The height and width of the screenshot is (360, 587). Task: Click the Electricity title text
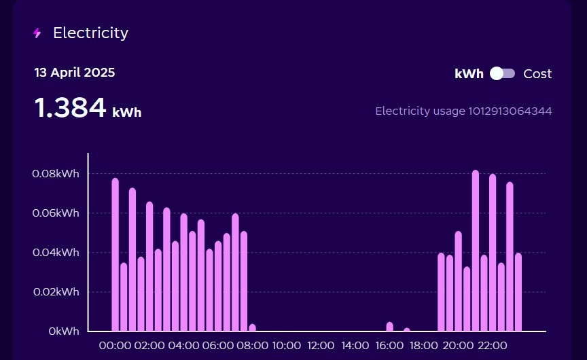tap(90, 33)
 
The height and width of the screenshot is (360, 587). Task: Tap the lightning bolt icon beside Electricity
tap(37, 33)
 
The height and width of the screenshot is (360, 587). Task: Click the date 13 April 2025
tap(75, 73)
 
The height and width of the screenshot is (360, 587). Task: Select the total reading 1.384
tap(71, 108)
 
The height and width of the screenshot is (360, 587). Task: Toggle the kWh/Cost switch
tap(503, 73)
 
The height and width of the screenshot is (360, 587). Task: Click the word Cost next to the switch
tap(537, 74)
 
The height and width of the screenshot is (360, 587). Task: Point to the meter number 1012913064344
tap(510, 111)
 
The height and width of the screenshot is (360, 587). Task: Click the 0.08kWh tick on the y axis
tap(55, 173)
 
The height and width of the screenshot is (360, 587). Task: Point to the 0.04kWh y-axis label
tap(55, 252)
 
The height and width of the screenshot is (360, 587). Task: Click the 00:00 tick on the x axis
tap(115, 345)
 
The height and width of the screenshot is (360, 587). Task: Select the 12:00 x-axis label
tap(321, 345)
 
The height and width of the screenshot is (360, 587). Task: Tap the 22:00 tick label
tap(493, 345)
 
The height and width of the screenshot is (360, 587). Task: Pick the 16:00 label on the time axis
tap(390, 345)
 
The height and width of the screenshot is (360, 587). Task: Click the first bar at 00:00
tap(115, 255)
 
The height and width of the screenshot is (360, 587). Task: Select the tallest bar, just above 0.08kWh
tap(476, 251)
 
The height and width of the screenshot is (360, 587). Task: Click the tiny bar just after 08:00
tap(253, 328)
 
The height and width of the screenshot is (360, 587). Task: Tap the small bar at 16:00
tap(390, 327)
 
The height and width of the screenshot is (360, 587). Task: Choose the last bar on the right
tap(518, 292)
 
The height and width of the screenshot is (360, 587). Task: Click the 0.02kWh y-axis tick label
tap(55, 291)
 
